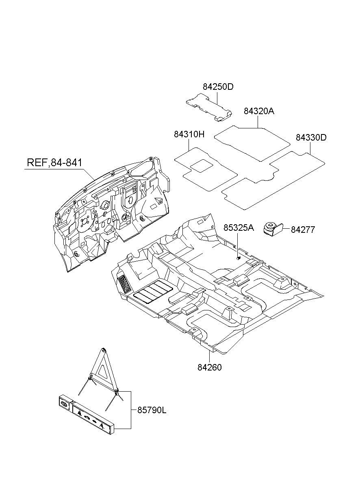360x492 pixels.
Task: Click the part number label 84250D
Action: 218,87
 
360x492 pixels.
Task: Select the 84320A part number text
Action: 259,111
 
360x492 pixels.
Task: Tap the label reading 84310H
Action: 189,134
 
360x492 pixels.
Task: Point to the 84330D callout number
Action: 311,137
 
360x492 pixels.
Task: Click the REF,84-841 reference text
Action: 54,163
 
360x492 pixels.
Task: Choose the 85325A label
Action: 239,228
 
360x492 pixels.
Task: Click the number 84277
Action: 303,230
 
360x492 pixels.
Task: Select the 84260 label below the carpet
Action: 210,367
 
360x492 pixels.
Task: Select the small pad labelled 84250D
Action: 209,107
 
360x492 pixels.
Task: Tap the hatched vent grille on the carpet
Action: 124,285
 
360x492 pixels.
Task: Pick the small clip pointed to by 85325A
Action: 239,258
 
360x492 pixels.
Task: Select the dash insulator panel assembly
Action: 112,214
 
